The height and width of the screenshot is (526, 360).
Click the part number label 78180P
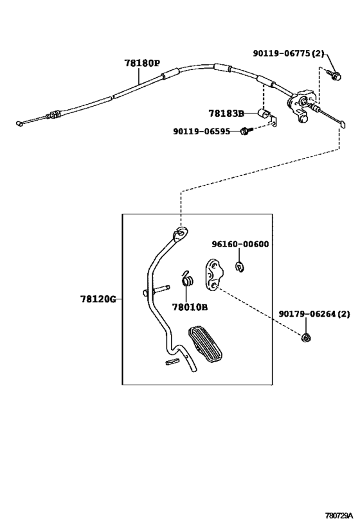pos(142,64)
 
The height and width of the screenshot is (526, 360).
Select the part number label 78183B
pos(226,114)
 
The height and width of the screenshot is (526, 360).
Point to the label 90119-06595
pos(203,132)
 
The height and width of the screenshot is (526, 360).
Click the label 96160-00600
pos(240,244)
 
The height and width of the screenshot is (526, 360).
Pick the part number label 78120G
pos(98,299)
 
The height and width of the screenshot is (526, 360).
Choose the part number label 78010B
pos(190,307)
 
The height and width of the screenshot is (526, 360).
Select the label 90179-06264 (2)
pos(314,314)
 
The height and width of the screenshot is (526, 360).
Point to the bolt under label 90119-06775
pos(333,75)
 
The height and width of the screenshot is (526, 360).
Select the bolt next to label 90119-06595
pos(245,132)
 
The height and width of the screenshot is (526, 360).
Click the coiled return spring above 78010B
pos(188,280)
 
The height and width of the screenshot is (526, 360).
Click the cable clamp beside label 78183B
pos(264,116)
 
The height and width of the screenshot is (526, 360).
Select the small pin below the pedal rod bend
pos(170,364)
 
